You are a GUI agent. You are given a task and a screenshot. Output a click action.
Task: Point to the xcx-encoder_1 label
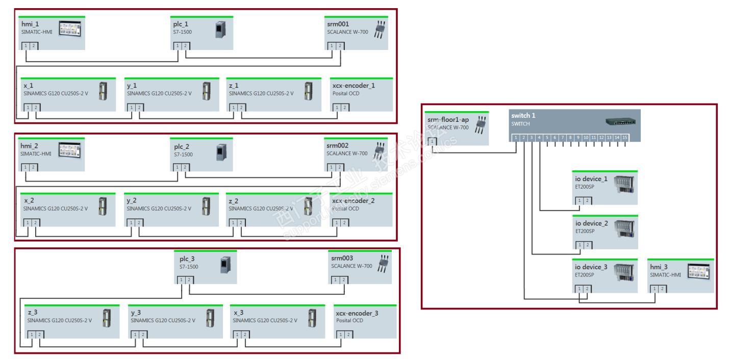(354, 85)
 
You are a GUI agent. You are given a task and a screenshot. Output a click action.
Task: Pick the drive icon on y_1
(206, 91)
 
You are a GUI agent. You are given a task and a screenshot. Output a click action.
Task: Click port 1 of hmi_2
(24, 167)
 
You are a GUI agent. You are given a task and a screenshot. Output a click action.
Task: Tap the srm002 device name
(337, 145)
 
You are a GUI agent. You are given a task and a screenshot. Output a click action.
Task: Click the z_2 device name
(234, 201)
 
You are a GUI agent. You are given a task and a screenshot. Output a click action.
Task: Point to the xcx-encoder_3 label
(357, 313)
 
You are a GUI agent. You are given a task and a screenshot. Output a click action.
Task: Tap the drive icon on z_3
(106, 318)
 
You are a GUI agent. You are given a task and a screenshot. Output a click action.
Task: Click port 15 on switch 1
(625, 138)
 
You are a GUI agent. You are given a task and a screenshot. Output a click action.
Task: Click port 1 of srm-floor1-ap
(432, 141)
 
